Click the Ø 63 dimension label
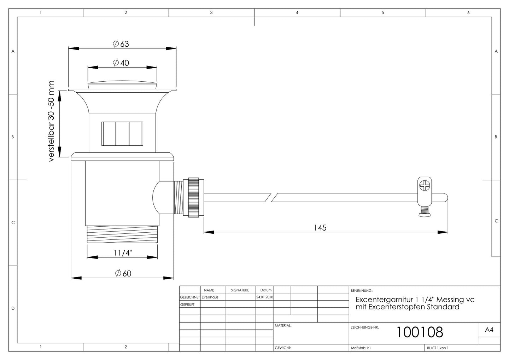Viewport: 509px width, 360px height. click(x=121, y=43)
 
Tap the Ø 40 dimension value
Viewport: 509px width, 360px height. click(x=121, y=63)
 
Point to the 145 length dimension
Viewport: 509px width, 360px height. click(x=320, y=228)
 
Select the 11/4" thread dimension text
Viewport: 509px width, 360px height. click(x=123, y=252)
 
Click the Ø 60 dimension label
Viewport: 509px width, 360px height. click(x=123, y=273)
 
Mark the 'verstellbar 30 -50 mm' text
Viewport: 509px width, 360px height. click(x=51, y=121)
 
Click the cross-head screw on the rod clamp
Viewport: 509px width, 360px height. click(x=425, y=185)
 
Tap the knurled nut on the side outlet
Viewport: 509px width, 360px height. click(x=193, y=197)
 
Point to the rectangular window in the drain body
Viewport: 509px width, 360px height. click(x=122, y=134)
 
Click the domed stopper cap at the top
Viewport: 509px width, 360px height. click(x=122, y=85)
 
